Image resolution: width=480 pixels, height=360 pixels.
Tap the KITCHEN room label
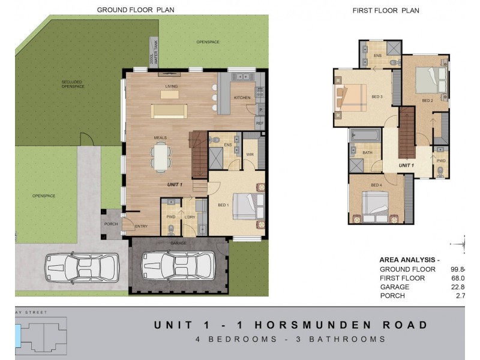(242, 98)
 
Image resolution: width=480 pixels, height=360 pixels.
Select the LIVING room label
(172, 86)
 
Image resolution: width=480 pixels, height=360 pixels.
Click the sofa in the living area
(169, 111)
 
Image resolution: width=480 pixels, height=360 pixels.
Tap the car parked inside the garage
(178, 265)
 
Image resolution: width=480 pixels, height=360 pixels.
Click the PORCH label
(111, 224)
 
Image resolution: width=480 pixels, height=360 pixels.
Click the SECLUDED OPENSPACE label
(73, 84)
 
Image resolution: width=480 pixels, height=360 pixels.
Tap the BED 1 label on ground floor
(223, 205)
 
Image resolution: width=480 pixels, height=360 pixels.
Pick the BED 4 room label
(376, 185)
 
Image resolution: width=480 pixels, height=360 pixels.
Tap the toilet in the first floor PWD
(440, 172)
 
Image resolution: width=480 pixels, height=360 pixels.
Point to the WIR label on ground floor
(250, 154)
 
